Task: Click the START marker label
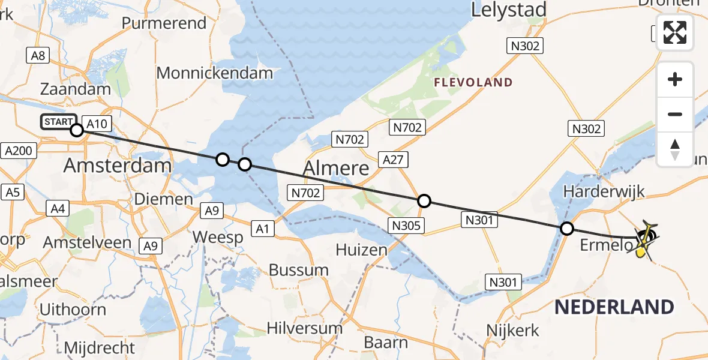coord(59,122)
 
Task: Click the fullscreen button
coord(675,32)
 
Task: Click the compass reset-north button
coord(675,149)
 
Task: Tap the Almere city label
coord(335,169)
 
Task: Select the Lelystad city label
coord(509,10)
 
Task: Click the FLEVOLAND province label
coord(473,83)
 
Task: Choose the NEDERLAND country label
coord(614,307)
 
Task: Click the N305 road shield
coord(406,226)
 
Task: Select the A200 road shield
coord(17,151)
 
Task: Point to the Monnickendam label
coord(215,74)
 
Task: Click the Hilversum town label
coord(305,329)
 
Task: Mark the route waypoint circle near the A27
coord(424,201)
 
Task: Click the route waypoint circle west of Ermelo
coord(566,228)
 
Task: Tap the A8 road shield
coord(37,56)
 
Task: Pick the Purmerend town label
coord(164,23)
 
